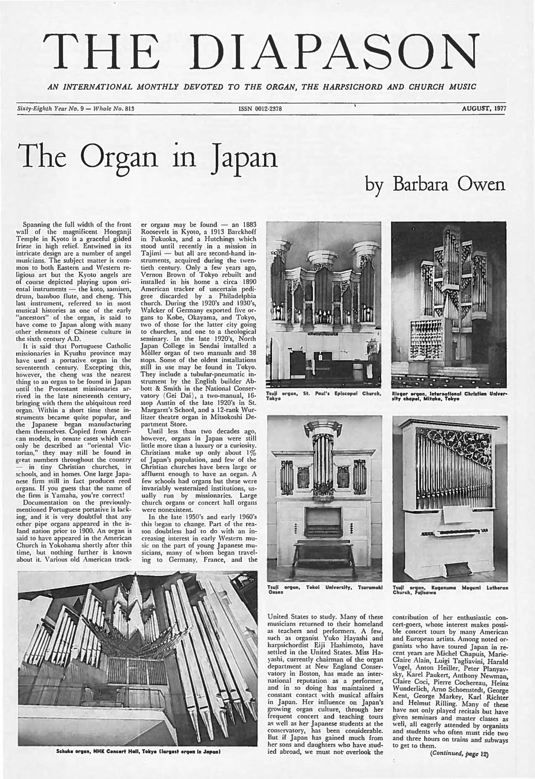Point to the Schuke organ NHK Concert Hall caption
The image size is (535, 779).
(138, 758)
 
